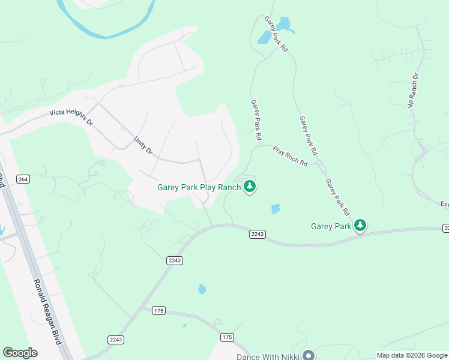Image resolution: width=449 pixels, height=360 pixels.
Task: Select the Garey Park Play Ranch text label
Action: (199, 187)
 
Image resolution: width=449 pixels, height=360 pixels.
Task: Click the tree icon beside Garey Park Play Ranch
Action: (250, 187)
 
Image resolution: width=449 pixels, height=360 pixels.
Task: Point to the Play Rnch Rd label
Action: (291, 155)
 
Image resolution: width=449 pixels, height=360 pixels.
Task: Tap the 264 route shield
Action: (23, 179)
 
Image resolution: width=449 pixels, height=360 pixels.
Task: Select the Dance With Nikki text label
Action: (268, 356)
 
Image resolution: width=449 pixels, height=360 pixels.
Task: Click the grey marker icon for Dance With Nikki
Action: (309, 356)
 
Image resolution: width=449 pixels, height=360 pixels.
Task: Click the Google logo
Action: (20, 353)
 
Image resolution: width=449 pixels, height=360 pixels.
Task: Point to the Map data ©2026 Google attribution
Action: (412, 355)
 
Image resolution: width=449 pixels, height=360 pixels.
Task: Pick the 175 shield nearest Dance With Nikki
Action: (227, 337)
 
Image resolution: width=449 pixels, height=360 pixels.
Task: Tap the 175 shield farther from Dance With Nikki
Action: (158, 310)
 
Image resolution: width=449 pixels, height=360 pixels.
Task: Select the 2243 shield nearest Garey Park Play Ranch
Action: (257, 234)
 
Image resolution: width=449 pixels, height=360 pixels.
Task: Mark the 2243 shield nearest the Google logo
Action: (116, 340)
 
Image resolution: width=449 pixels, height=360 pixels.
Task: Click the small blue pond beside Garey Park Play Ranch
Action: (276, 209)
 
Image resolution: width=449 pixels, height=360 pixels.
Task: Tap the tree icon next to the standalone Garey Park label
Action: (360, 226)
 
